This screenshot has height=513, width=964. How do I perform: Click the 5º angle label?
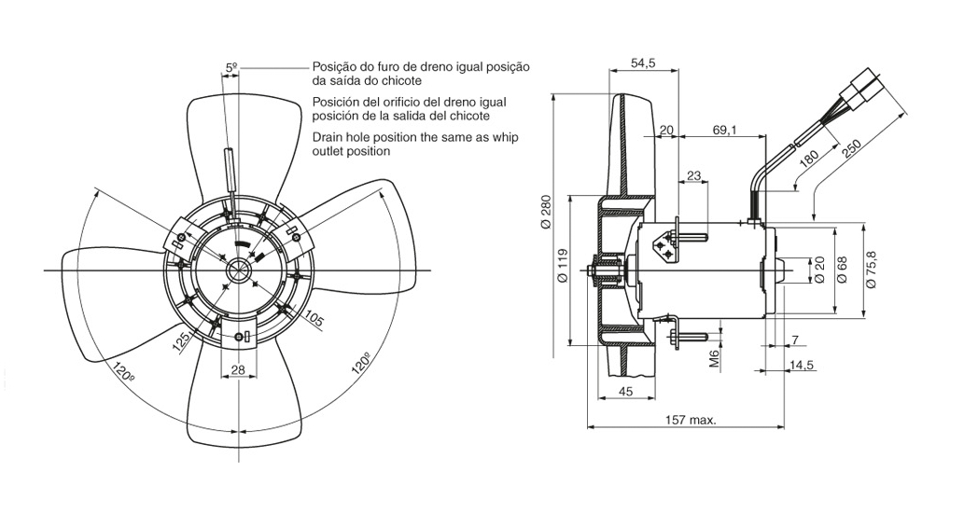tap(231, 67)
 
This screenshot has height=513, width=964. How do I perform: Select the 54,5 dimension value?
tap(643, 63)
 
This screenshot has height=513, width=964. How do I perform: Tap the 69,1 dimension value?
tap(724, 130)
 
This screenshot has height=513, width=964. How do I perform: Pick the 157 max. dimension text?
tap(692, 420)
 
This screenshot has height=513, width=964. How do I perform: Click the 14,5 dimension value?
tap(803, 365)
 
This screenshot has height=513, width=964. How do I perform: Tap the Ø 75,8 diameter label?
tap(872, 270)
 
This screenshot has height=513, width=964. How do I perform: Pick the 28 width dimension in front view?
tap(238, 370)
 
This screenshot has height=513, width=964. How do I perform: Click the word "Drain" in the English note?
tap(330, 137)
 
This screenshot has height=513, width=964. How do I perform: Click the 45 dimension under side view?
tap(625, 392)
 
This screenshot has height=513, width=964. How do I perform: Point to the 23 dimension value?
tap(693, 175)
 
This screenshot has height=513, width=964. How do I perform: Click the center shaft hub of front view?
tap(240, 270)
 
